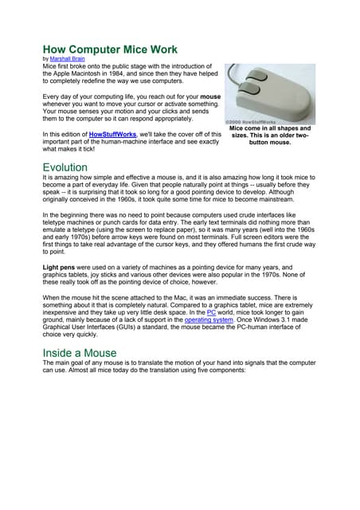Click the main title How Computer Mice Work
[109, 49]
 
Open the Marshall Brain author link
[67, 59]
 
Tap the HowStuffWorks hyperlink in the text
[116, 135]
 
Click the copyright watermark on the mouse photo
[252, 122]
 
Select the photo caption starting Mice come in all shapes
[269, 135]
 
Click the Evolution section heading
[65, 167]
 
